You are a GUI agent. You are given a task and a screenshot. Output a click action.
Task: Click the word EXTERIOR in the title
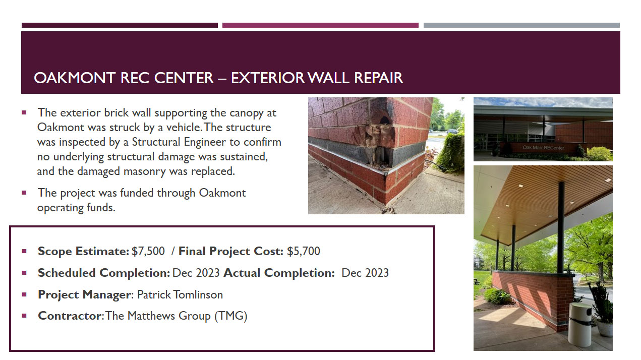(x=268, y=78)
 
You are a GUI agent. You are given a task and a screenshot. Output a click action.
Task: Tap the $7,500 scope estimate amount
(x=148, y=251)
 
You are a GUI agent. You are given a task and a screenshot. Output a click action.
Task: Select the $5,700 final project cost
(x=303, y=251)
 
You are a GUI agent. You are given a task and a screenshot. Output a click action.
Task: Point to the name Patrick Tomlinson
(x=180, y=294)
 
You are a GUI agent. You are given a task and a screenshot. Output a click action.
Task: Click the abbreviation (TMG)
(x=230, y=316)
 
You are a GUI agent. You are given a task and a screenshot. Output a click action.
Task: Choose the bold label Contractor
(x=70, y=316)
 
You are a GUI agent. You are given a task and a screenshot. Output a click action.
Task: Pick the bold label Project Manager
(x=84, y=295)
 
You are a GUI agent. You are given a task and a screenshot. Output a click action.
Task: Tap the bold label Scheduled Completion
(x=104, y=273)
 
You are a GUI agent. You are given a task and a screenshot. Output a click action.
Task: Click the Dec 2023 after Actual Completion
(x=365, y=273)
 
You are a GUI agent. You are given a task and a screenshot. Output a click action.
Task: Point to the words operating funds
(x=76, y=208)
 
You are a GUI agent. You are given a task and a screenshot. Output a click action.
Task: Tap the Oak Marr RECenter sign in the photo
(x=544, y=148)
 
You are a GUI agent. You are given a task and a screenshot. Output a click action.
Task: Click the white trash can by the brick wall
(x=580, y=324)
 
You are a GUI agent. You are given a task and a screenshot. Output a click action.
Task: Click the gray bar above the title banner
(x=521, y=25)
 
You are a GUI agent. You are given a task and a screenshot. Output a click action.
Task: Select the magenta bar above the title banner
(x=320, y=25)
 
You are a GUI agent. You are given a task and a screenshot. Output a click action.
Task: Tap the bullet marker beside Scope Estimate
(x=24, y=251)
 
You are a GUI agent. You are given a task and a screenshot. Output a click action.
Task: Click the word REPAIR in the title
(x=379, y=78)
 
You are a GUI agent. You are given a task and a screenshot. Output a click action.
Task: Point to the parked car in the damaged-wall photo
(x=452, y=132)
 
